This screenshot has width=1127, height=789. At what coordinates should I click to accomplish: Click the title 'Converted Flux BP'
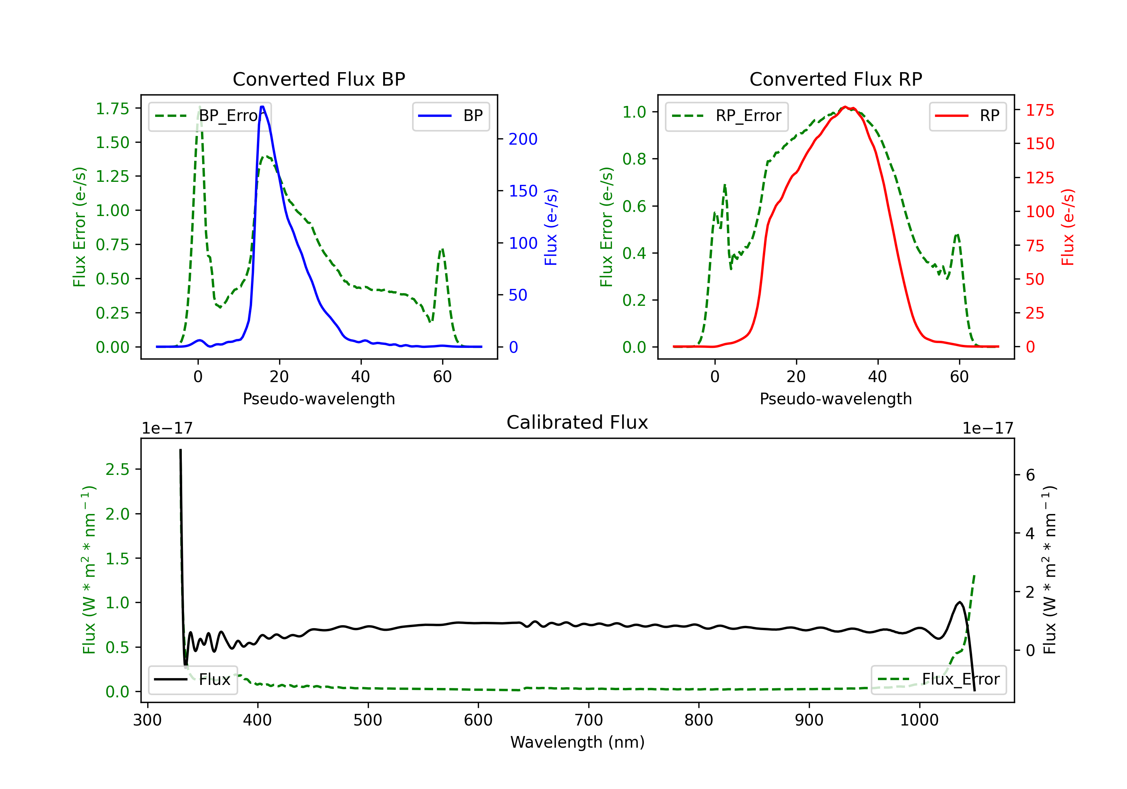pos(319,79)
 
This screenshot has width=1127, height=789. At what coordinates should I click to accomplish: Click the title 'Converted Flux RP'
pos(835,79)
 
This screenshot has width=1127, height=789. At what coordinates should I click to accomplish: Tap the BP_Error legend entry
pos(210,116)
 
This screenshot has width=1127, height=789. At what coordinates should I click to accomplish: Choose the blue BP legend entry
pos(450,116)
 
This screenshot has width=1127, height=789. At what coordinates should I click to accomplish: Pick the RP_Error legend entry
pos(727,116)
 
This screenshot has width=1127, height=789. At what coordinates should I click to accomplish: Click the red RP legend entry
pos(967,116)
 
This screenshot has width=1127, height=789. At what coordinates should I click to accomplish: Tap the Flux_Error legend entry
pos(938,680)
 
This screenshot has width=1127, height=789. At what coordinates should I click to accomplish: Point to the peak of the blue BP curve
pos(262,107)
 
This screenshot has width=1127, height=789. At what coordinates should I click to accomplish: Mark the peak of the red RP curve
pos(845,107)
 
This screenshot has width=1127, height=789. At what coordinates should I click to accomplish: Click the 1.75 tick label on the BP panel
pos(112,109)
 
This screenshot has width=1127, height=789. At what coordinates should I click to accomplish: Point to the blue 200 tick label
pos(523,139)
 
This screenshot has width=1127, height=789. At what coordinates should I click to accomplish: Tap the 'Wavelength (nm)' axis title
pos(577,742)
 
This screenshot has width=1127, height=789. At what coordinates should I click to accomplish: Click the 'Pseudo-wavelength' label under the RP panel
pos(835,399)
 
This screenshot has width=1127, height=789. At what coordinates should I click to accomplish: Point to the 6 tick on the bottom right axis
pos(1030,475)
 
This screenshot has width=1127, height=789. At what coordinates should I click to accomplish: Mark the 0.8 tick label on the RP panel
pos(634,159)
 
